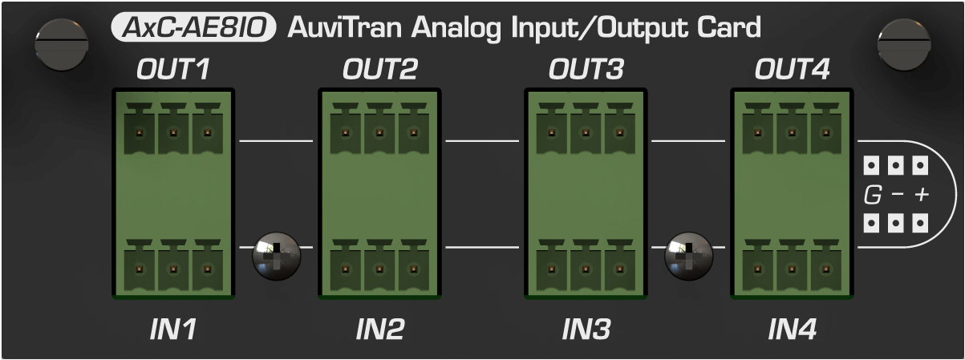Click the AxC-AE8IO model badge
(x=193, y=28)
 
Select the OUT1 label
(x=173, y=71)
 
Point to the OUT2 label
(x=379, y=71)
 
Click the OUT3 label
(x=586, y=71)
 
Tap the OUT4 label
(x=792, y=71)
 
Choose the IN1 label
(x=173, y=329)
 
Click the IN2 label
(x=379, y=329)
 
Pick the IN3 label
(x=586, y=329)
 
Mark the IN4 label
(x=792, y=329)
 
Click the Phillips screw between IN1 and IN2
(x=276, y=256)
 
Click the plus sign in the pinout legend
(x=921, y=195)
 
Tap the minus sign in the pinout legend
(x=897, y=195)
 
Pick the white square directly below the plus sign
(x=921, y=220)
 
